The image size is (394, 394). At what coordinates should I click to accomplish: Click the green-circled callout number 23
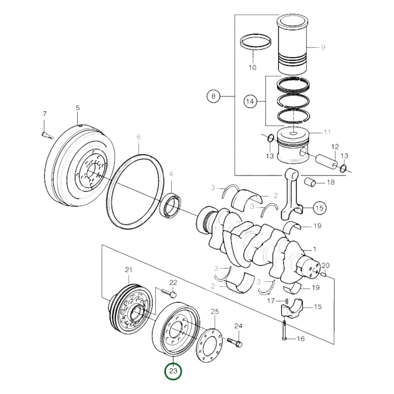point(173,371)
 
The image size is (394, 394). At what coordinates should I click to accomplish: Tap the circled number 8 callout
point(213,96)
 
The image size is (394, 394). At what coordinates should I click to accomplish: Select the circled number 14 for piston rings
point(250,101)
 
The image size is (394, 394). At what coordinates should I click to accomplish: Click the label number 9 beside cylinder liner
point(323,47)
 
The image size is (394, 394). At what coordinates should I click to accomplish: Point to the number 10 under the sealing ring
point(252,67)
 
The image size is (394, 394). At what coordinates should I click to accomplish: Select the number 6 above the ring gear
point(139,137)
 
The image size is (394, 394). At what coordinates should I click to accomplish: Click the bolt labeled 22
point(169,293)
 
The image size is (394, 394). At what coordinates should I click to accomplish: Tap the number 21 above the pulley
point(128,270)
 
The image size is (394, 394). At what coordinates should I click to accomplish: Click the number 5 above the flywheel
point(78,108)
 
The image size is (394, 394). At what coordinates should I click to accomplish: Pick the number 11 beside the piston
point(327,132)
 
